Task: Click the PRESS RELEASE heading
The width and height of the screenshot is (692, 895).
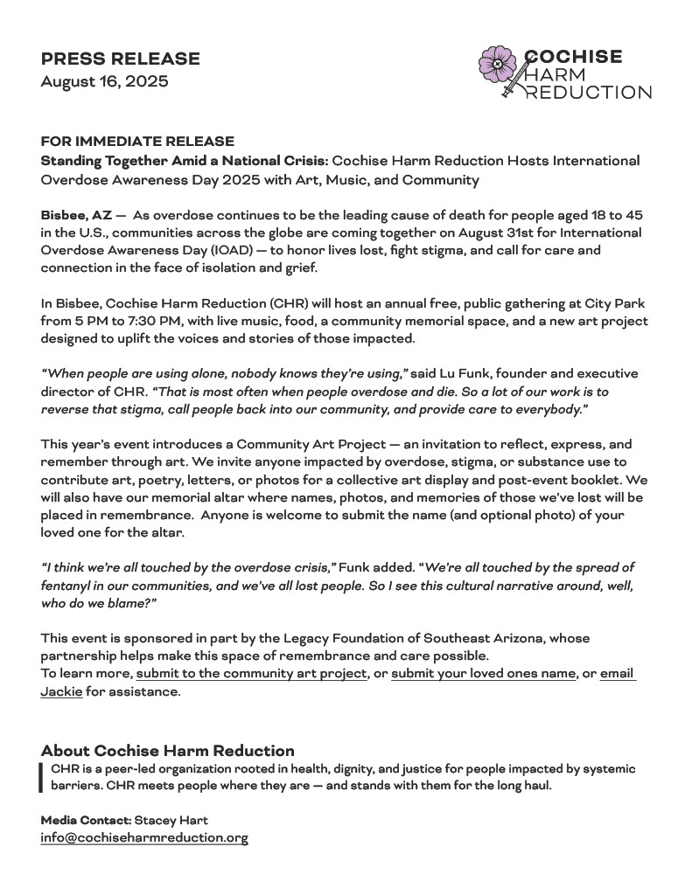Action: click(x=120, y=59)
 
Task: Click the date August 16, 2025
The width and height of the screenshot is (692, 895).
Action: click(x=104, y=82)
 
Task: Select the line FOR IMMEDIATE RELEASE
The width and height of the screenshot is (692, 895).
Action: click(x=137, y=142)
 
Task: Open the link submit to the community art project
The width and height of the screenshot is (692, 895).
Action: click(x=251, y=674)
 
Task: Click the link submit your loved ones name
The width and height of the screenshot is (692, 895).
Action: click(x=483, y=674)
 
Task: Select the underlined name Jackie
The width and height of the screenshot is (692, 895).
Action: click(x=61, y=691)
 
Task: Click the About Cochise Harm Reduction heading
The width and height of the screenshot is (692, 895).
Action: click(x=167, y=751)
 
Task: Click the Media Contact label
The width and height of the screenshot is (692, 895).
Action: click(x=85, y=820)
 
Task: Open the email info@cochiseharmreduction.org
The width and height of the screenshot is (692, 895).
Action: click(x=144, y=837)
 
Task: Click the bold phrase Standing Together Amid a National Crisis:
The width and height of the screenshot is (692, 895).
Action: click(x=185, y=161)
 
